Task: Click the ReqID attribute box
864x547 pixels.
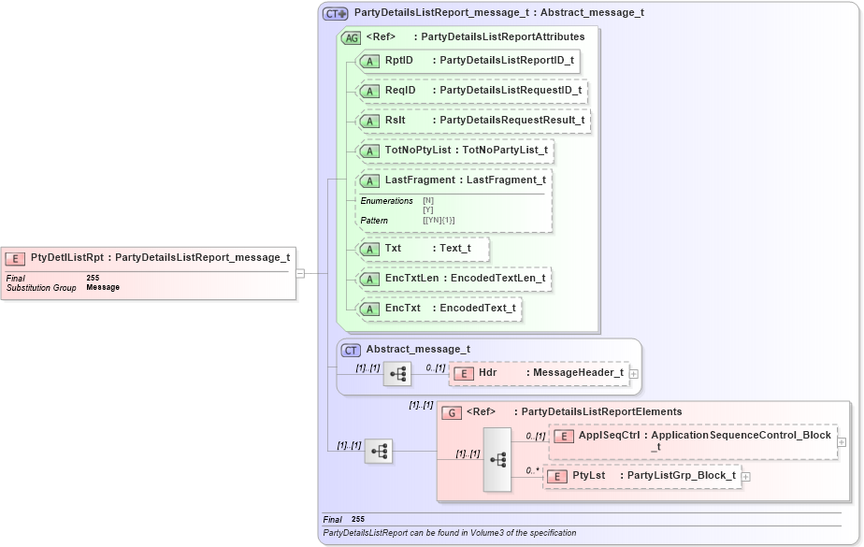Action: (x=472, y=91)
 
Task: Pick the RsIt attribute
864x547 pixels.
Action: (x=474, y=121)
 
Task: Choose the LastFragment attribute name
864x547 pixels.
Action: (x=420, y=180)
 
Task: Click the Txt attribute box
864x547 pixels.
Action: (x=423, y=249)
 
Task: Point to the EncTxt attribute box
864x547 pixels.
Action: (x=439, y=308)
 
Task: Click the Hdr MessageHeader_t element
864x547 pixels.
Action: (x=540, y=373)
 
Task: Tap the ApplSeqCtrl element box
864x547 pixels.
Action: (x=692, y=440)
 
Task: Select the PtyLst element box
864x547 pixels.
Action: (x=642, y=476)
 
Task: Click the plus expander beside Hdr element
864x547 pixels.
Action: (x=635, y=373)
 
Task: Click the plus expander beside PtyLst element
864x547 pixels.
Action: (x=745, y=477)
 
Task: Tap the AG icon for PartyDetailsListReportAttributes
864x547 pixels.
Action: (x=352, y=37)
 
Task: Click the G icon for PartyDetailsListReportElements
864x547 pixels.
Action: (x=451, y=411)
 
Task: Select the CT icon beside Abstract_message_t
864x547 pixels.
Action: (x=351, y=350)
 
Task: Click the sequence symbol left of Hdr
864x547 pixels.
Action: (x=397, y=373)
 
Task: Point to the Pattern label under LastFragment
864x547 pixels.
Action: (x=374, y=221)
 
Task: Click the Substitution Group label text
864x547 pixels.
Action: (x=41, y=287)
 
